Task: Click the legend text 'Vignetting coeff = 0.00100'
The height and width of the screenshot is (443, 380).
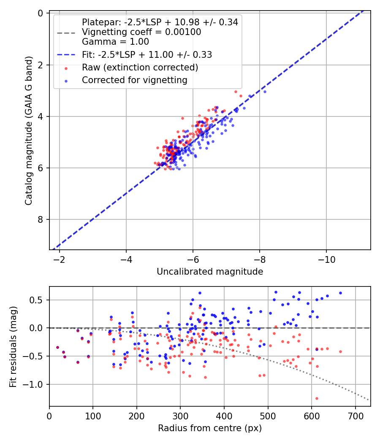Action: click(141, 32)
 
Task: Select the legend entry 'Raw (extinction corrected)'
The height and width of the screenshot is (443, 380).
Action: click(140, 68)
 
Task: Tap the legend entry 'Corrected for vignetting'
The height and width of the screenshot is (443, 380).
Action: click(135, 80)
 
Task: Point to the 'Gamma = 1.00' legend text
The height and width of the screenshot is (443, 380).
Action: click(115, 42)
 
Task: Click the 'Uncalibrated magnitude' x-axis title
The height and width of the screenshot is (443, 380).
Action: click(210, 272)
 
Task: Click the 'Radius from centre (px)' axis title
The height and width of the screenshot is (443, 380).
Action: click(210, 428)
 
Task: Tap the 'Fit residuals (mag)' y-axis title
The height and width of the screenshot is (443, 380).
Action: click(13, 346)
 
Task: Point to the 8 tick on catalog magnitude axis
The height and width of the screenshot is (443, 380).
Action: click(41, 219)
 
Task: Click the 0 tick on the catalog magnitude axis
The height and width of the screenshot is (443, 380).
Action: click(41, 13)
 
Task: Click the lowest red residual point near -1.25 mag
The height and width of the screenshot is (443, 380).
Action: click(316, 398)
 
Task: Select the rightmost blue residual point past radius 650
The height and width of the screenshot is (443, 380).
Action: click(340, 293)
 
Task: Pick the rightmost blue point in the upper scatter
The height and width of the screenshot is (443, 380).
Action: click(265, 92)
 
